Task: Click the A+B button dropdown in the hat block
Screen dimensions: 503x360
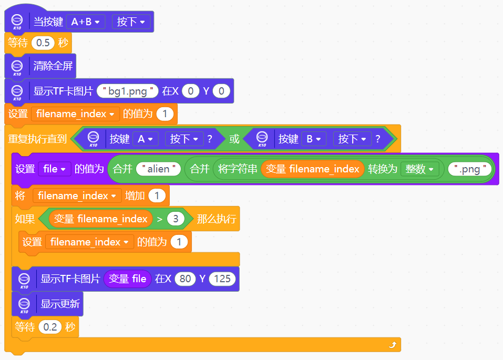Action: (x=86, y=22)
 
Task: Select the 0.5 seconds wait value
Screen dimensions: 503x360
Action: (x=43, y=43)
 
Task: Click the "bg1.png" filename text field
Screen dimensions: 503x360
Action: (x=127, y=91)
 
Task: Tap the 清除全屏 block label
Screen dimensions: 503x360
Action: (x=53, y=66)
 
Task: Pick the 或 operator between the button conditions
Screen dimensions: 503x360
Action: (x=234, y=139)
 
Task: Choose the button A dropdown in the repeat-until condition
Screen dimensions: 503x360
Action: (x=145, y=139)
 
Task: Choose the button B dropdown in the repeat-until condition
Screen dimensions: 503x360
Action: (x=314, y=139)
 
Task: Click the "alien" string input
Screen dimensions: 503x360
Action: (x=159, y=169)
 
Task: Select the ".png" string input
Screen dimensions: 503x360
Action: (x=470, y=169)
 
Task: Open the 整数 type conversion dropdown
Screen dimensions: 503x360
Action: (x=419, y=169)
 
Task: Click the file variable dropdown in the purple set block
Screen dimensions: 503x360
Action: (x=55, y=169)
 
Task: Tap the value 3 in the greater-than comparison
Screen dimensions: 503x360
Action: (x=176, y=219)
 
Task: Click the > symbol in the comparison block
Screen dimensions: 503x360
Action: (x=159, y=219)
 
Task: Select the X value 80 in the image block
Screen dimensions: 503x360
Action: (x=185, y=279)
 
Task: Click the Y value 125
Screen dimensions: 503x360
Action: (x=222, y=279)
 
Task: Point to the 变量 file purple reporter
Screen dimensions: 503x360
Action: (x=127, y=279)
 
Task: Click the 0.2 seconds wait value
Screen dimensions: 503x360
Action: (x=50, y=327)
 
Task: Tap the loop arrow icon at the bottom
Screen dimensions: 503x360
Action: (x=393, y=345)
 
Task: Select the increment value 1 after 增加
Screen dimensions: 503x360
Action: (x=157, y=196)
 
